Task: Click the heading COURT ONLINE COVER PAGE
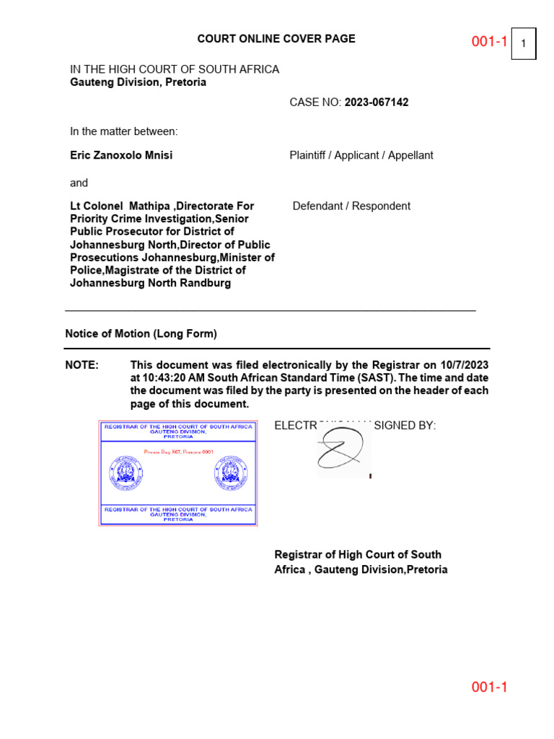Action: pos(276,39)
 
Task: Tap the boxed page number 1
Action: pos(523,44)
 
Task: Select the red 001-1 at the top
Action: pos(490,42)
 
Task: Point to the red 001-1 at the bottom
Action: pos(490,687)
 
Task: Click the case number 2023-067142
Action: pos(377,102)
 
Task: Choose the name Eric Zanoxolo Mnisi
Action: pos(121,155)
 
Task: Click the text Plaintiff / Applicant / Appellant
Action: pos(361,155)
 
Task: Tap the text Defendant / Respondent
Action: pos(351,206)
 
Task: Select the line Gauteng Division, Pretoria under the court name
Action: pos(138,82)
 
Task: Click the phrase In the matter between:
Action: pos(123,131)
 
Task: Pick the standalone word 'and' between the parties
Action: pos(79,183)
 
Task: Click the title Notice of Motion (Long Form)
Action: pos(141,334)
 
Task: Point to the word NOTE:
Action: pos(82,365)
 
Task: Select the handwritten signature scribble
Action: pos(343,450)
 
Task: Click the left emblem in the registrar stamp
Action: pos(126,473)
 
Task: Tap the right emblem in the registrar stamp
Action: pos(231,473)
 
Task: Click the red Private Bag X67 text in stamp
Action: pos(178,451)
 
